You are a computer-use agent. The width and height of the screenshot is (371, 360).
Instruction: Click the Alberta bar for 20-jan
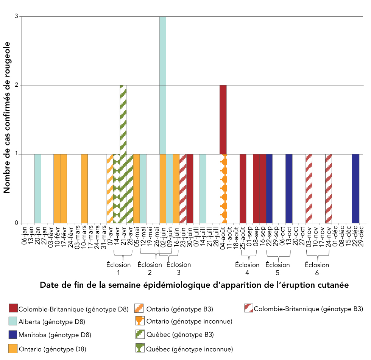coord(38,189)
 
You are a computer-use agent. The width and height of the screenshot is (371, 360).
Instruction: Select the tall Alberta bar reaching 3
coord(163,85)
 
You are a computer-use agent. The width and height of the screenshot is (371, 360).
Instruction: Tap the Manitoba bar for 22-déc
coord(355,189)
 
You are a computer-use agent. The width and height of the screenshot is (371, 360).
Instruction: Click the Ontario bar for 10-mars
coord(84,189)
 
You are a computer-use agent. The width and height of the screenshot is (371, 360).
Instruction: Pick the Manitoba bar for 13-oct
coord(289,189)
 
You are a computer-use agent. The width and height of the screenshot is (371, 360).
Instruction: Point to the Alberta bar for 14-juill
coord(203,189)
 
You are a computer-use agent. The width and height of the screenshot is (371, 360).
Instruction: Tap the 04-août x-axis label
coord(223,238)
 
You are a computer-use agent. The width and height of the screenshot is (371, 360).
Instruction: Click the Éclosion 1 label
coord(118,268)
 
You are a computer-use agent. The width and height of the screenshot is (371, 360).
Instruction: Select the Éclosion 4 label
coord(247,268)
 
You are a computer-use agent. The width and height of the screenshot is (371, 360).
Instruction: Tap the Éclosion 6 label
coord(317,268)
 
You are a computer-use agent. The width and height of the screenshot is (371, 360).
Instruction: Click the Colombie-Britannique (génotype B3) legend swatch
coord(249,309)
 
